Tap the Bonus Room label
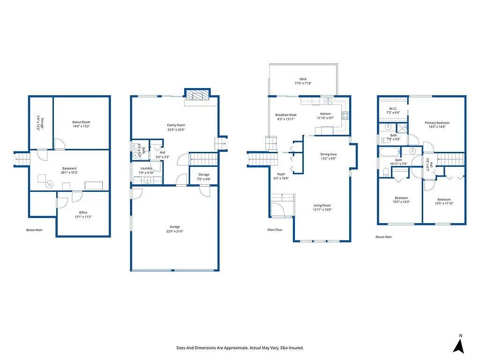(81, 122)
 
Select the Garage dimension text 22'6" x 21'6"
(175, 231)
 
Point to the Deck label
(303, 79)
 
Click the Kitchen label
(325, 114)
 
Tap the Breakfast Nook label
(286, 114)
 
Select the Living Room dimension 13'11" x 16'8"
(322, 210)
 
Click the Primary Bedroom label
(437, 123)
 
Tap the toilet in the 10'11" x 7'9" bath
(385, 173)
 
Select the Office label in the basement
(83, 212)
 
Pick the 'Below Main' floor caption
(34, 230)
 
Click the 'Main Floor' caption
(275, 230)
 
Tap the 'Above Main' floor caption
(383, 237)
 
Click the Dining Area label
(328, 154)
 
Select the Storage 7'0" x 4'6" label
(203, 174)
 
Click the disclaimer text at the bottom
(240, 348)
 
